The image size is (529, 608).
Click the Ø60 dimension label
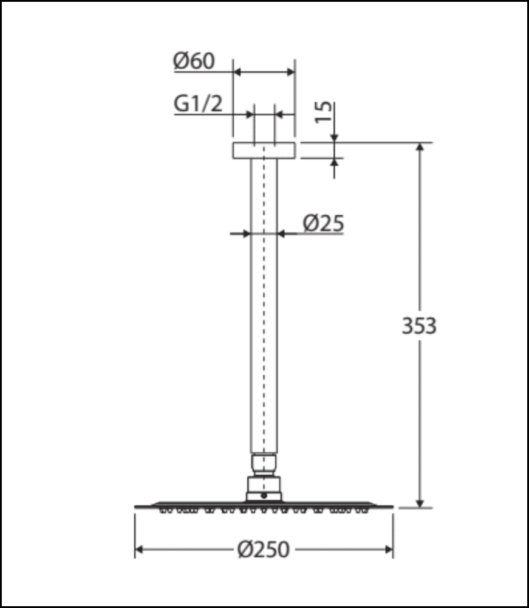coord(194,61)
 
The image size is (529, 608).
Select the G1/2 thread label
coord(198,103)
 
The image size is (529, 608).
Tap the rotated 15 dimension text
coord(325,111)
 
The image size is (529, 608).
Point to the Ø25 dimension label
coord(323,224)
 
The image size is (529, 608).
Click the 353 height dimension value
coord(418,326)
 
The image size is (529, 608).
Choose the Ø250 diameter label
coord(264,550)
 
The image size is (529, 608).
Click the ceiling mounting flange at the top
coord(264,151)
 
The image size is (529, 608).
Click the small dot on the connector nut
coord(264,496)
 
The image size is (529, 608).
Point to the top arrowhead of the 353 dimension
coord(419,148)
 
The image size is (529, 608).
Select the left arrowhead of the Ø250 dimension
coord(139,550)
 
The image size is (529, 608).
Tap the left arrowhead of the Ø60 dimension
coord(237,72)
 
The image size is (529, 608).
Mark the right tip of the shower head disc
coord(392,506)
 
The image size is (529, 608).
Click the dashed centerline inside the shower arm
coord(264,304)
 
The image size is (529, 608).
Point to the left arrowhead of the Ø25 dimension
coord(246,233)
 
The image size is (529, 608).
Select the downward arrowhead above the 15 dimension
coord(334,139)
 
